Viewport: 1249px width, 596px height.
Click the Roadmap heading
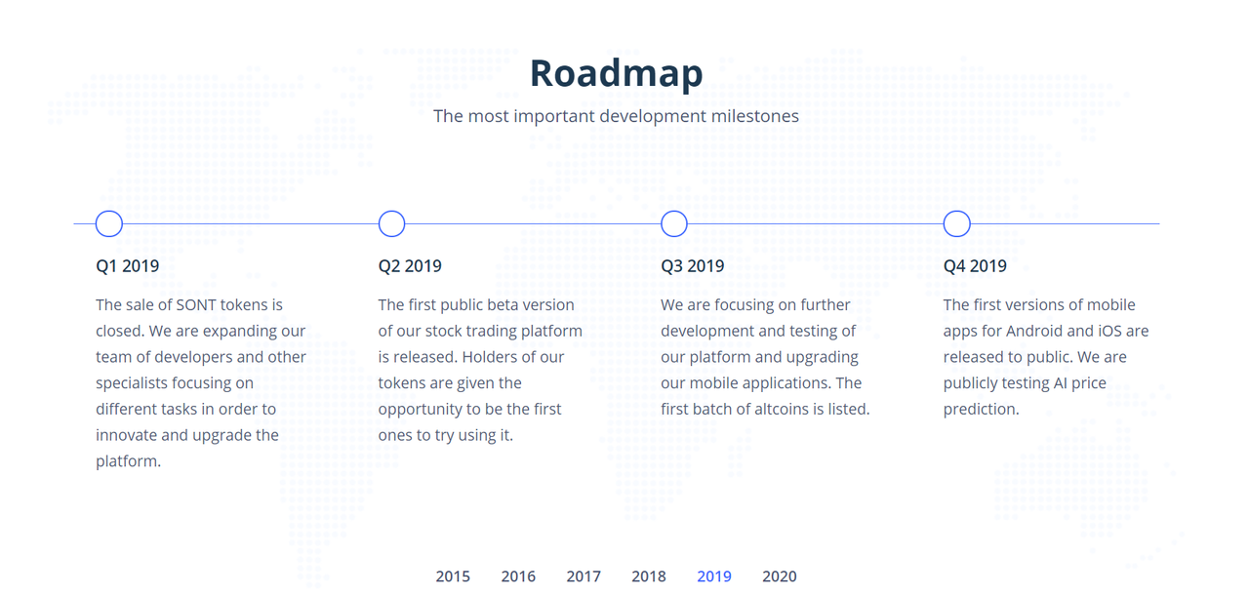click(616, 73)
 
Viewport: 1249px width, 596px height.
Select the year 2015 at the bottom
click(453, 576)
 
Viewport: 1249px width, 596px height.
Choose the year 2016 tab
click(518, 576)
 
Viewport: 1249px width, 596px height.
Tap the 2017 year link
click(584, 576)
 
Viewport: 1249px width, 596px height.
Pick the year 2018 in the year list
click(649, 576)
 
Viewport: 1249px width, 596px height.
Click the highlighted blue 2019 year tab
click(713, 576)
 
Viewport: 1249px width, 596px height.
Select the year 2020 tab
click(780, 576)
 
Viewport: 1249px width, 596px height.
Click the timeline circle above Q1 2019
click(109, 212)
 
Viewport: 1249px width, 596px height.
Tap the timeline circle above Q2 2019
click(391, 212)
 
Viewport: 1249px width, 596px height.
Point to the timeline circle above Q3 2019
click(674, 212)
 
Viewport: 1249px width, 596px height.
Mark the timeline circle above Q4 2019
click(957, 212)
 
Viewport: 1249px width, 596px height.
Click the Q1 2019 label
click(128, 266)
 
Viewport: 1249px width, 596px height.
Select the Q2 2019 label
click(410, 266)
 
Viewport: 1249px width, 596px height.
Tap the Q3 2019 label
click(693, 266)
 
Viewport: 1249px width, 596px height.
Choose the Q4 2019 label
click(975, 266)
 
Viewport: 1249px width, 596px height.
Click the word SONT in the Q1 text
click(196, 305)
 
